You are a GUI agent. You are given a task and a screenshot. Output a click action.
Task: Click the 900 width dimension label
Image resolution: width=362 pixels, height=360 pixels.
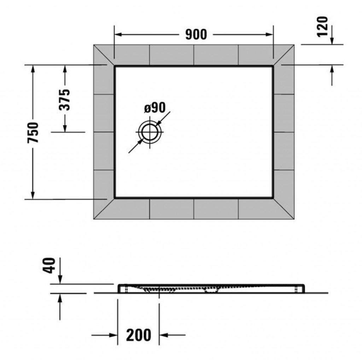[196, 34]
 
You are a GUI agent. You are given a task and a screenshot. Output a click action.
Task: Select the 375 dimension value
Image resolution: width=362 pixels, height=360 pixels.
[64, 99]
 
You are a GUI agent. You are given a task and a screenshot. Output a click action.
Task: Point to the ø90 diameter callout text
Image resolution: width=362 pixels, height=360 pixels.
[155, 108]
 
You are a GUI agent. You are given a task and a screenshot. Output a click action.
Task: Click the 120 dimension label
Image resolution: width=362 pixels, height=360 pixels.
[322, 27]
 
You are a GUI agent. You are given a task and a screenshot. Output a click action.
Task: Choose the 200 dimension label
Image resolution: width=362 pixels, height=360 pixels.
[139, 335]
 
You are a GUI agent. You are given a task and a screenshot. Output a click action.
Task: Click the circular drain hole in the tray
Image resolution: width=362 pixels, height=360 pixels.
[150, 132]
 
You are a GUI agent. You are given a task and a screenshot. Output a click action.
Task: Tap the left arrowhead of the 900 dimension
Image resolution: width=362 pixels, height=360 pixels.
[118, 35]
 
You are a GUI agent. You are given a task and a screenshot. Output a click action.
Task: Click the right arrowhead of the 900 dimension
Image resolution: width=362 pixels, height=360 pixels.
[269, 35]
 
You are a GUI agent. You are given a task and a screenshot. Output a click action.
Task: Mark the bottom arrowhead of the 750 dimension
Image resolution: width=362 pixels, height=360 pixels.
[33, 195]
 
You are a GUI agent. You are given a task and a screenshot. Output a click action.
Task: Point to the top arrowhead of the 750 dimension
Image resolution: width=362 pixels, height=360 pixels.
[33, 69]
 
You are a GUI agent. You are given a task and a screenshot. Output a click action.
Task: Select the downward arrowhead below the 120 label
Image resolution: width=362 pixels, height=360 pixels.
[332, 40]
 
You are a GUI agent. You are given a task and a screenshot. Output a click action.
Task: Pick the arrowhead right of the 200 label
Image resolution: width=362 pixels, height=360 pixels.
[163, 335]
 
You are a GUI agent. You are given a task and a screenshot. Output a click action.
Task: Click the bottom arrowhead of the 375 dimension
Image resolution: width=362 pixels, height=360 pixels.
[65, 128]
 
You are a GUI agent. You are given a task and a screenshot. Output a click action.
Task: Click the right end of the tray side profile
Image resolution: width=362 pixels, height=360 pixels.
[304, 288]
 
